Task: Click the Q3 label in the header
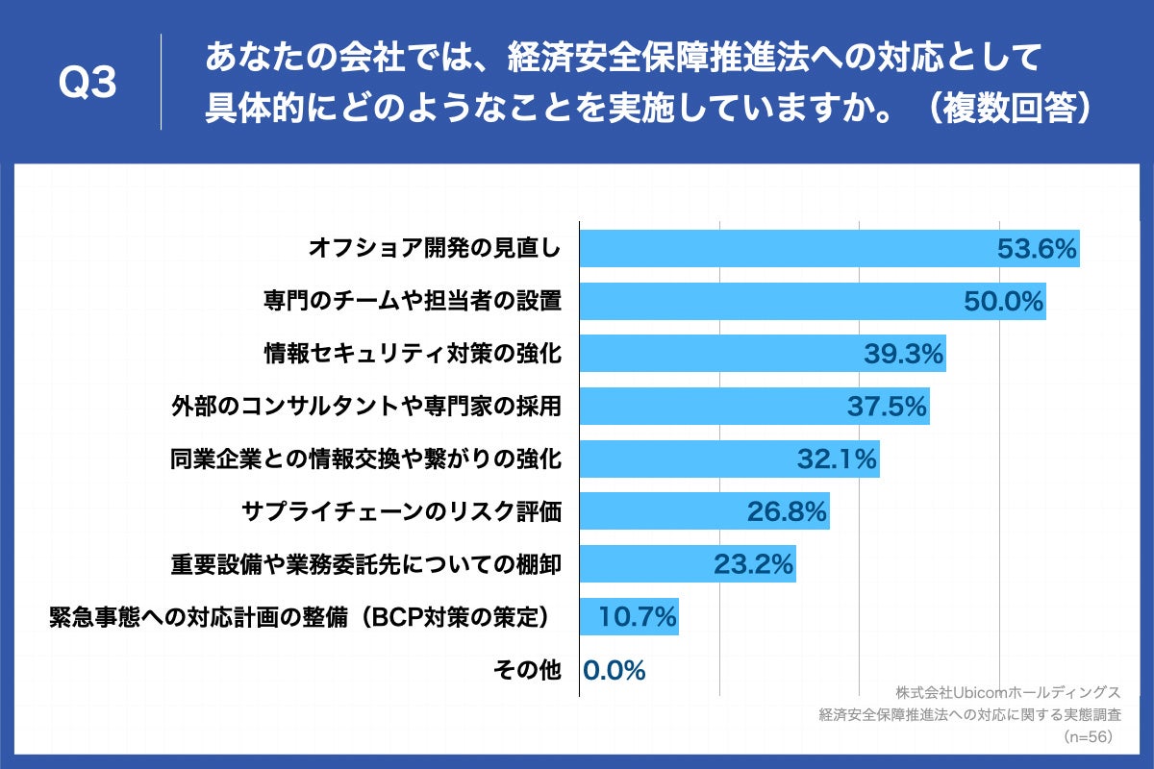88,85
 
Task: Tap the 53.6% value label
1035,249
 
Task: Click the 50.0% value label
1003,302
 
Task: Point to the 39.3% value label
903,355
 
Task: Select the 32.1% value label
837,459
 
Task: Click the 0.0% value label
615,670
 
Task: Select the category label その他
526,670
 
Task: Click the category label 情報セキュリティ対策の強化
413,355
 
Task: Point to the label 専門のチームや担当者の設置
413,302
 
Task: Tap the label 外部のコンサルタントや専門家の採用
366,407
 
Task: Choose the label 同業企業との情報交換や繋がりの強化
366,459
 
